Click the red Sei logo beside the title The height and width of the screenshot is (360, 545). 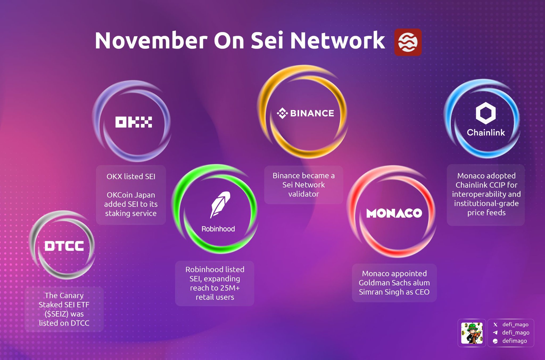pyautogui.click(x=408, y=42)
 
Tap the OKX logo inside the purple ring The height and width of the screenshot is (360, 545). pyautogui.click(x=134, y=122)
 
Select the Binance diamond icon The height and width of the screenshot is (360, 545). pyautogui.click(x=282, y=113)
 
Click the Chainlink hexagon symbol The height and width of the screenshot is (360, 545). pyautogui.click(x=486, y=113)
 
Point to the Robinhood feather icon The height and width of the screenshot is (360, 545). pyautogui.click(x=220, y=204)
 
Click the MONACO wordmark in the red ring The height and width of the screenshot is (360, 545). pyautogui.click(x=394, y=213)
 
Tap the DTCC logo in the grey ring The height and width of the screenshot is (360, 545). pyautogui.click(x=64, y=246)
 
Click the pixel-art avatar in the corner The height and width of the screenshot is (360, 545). pyautogui.click(x=472, y=333)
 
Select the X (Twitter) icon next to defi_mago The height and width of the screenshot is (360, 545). pyautogui.click(x=495, y=325)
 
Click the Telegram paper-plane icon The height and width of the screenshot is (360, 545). pyautogui.click(x=495, y=333)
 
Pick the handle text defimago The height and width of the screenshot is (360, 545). pyautogui.click(x=514, y=341)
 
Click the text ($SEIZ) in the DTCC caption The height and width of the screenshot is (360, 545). pyautogui.click(x=56, y=314)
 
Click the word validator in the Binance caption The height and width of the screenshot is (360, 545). pyautogui.click(x=304, y=194)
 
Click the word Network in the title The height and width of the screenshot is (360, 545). pyautogui.click(x=337, y=40)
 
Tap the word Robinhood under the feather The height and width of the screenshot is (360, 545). pyautogui.click(x=218, y=229)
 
